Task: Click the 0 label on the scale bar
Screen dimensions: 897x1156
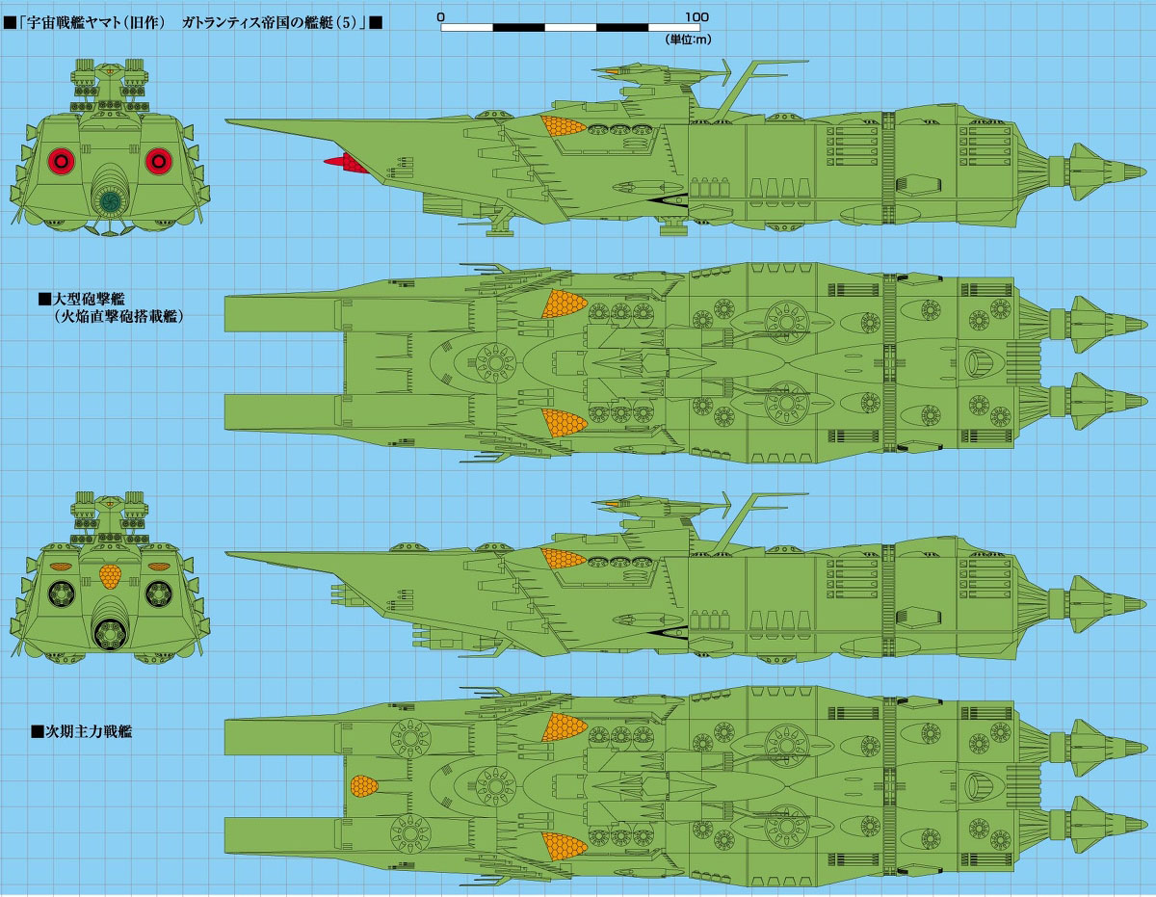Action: coord(440,16)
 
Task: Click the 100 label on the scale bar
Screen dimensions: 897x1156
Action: coord(697,16)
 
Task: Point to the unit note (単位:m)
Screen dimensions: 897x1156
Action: coord(686,40)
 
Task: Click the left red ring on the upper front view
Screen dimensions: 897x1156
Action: coord(62,161)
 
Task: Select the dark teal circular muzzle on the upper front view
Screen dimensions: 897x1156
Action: coord(111,201)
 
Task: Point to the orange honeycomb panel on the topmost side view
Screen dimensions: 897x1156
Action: coord(565,126)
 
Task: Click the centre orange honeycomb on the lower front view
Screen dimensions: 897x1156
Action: coord(111,576)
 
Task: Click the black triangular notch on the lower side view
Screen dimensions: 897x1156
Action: coord(667,633)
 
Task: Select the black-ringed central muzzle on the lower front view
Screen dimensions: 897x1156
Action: coord(111,633)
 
